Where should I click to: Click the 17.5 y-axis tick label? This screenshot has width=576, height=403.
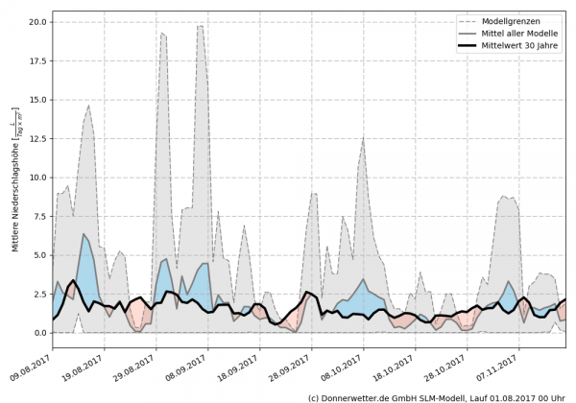coord(38,60)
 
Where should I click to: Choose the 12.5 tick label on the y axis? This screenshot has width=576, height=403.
coord(38,138)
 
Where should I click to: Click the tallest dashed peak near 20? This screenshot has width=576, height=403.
coord(200,26)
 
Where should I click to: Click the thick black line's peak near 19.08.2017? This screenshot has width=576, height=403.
coord(73,280)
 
